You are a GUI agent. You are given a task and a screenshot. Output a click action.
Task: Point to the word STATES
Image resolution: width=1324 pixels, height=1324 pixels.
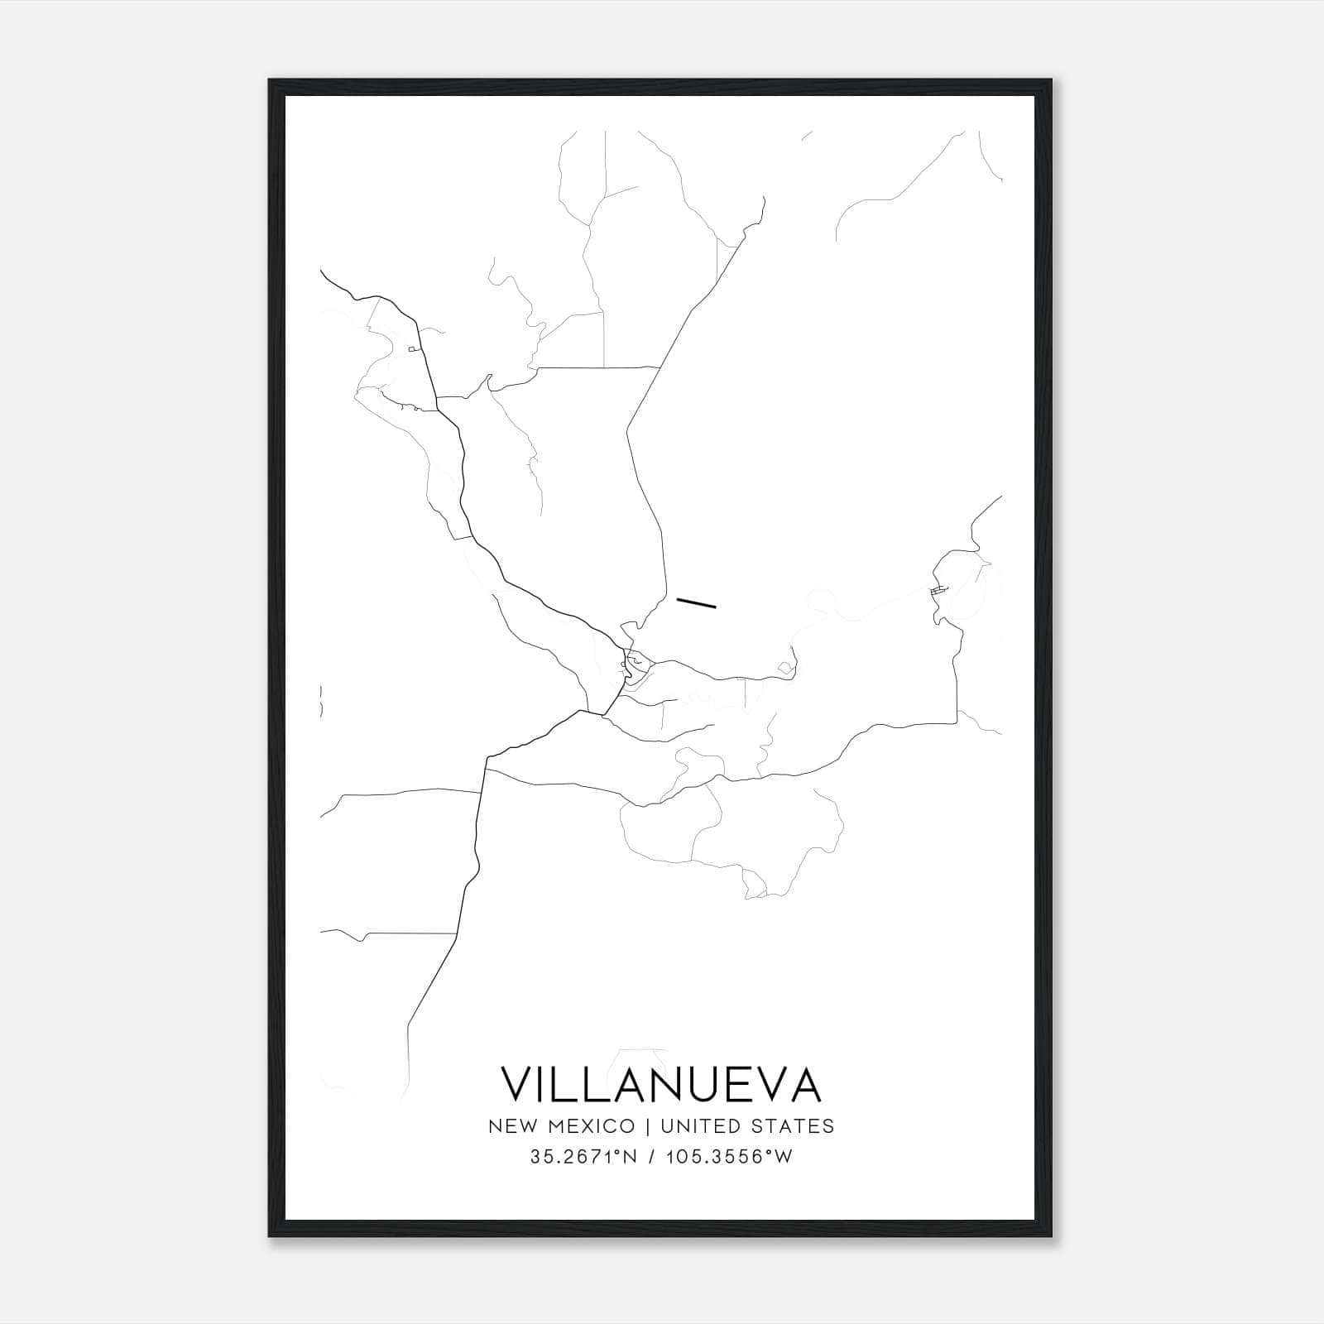pyautogui.click(x=794, y=1125)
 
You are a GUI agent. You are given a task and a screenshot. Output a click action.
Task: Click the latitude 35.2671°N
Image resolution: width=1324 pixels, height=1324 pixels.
pyautogui.click(x=583, y=1157)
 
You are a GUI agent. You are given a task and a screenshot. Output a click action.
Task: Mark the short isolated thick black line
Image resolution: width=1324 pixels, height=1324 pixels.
pyautogui.click(x=696, y=602)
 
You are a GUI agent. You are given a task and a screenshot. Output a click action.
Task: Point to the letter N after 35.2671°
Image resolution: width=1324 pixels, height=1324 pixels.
pyautogui.click(x=630, y=1157)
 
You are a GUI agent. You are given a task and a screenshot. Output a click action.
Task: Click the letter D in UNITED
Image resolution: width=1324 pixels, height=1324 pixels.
pyautogui.click(x=730, y=1125)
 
